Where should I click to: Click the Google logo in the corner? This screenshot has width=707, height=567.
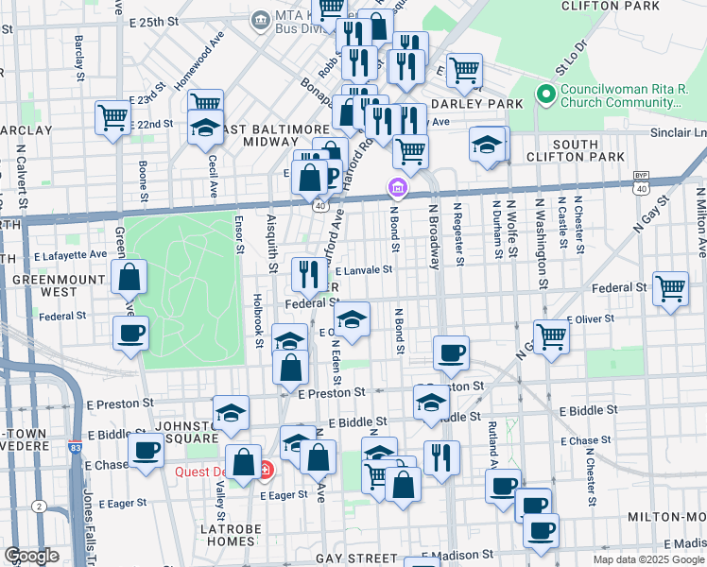31,556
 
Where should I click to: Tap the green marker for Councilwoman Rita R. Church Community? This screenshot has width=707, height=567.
544,94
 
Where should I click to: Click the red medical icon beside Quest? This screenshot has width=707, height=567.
266,469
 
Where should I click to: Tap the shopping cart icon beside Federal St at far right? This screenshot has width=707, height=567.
670,287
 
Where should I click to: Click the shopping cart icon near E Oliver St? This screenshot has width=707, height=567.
550,334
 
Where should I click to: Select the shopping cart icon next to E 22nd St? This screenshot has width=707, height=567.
112,117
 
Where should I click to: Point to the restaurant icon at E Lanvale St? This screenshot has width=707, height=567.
309,274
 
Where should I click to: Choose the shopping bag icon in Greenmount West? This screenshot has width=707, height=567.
129,276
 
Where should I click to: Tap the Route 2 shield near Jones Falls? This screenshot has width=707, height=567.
39,507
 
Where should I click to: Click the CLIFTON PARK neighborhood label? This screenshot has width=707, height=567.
623,6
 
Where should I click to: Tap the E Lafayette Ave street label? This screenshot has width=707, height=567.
71,254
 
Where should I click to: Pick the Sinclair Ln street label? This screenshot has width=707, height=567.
678,133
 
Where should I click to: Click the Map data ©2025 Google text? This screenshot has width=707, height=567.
648,559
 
